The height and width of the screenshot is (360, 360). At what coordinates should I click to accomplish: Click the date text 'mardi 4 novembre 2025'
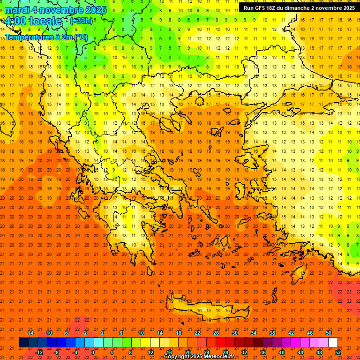pyautogui.click(x=56, y=9)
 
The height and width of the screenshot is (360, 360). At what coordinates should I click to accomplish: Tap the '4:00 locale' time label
pyautogui.click(x=31, y=21)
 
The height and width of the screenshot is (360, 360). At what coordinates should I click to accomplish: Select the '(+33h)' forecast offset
pyautogui.click(x=81, y=21)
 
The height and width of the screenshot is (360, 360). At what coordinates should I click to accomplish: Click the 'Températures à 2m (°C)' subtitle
pyautogui.click(x=46, y=37)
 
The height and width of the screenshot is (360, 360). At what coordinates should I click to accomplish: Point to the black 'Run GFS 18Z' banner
pyautogui.click(x=299, y=7)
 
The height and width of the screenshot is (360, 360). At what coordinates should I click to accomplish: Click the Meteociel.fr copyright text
pyautogui.click(x=199, y=356)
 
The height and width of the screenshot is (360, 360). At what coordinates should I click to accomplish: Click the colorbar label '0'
pyautogui.click(x=93, y=352)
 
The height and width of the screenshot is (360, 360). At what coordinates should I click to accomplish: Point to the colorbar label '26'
pyautogui.click(x=216, y=333)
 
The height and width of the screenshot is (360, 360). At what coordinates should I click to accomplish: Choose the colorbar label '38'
pyautogui.click(x=272, y=333)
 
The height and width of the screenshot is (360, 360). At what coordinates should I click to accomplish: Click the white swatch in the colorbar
pyautogui.click(x=333, y=343)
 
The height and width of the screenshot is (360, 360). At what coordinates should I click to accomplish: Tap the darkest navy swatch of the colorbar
pyautogui.click(x=23, y=343)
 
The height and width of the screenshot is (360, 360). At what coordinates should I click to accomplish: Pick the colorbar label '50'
pyautogui.click(x=329, y=333)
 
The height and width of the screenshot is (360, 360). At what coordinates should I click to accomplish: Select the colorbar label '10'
pyautogui.click(x=141, y=333)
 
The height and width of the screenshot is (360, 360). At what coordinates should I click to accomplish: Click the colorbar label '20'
pyautogui.click(x=188, y=352)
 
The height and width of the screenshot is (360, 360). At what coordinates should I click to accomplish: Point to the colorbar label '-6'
pyautogui.click(x=67, y=333)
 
